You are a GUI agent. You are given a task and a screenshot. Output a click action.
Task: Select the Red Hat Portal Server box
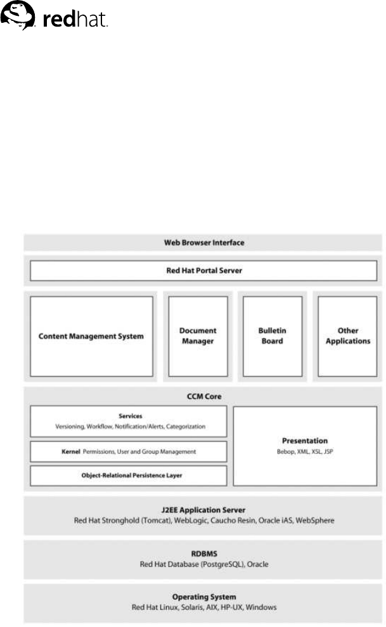[203, 271]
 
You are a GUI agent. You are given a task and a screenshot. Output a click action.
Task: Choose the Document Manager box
[198, 336]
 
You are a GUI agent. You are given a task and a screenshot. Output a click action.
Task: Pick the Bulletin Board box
[271, 336]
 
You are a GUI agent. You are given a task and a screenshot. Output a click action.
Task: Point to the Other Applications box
[347, 336]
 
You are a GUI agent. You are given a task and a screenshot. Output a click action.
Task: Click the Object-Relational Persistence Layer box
[129, 475]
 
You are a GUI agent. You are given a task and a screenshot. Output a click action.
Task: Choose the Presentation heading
[305, 439]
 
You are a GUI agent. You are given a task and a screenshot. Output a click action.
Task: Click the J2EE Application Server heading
[203, 509]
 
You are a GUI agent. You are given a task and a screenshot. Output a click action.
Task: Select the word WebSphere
[311, 520]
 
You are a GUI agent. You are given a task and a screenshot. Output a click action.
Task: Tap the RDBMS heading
[203, 553]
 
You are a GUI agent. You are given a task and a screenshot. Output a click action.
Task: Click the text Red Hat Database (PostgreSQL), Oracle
[203, 564]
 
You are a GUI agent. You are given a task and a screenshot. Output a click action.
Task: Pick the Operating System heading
[203, 597]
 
